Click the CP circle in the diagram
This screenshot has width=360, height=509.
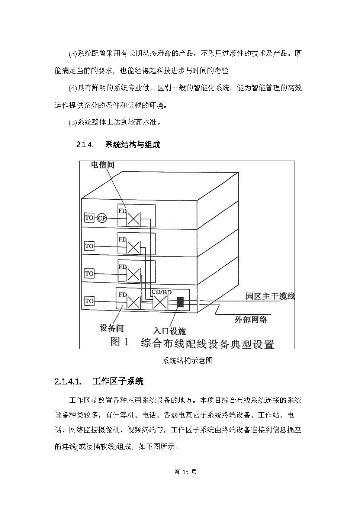pos(102,218)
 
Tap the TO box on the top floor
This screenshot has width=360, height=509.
pos(89,218)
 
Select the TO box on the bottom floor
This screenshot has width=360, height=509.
pos(89,301)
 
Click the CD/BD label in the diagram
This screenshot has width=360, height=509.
pos(161,292)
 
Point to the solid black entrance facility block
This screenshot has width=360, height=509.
pos(180,302)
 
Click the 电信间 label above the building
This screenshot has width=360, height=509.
pos(103,165)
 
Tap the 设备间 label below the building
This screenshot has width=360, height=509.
pos(112,328)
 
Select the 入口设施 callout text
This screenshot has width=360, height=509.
pos(170,331)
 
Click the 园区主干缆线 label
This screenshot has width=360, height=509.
pos(270,296)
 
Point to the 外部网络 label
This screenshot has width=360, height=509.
pos(251,320)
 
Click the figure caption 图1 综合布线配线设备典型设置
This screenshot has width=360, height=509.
pos(192,343)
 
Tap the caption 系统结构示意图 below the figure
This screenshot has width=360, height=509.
pos(187,361)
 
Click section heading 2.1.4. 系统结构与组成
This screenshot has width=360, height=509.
pos(118,145)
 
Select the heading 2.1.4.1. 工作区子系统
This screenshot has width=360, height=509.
pos(99,381)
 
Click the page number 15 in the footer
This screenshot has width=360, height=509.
pos(185,472)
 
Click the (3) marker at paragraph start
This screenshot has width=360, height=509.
pos(73,54)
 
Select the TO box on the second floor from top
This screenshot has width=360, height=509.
pos(89,246)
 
